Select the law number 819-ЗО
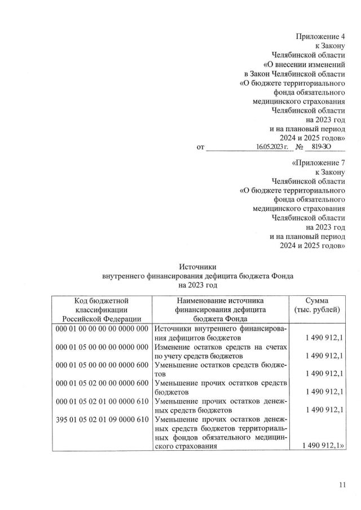[320, 147]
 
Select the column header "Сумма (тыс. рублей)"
[316, 305]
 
